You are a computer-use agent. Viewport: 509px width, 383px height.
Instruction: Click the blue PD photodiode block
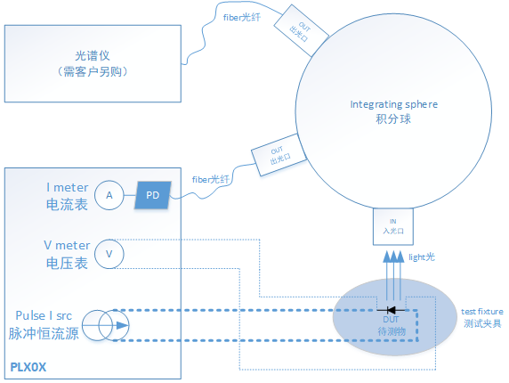[x=152, y=194]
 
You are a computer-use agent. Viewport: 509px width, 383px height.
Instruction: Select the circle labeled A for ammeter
[x=109, y=195]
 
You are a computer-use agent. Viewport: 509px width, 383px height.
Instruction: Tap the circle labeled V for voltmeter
[x=109, y=253]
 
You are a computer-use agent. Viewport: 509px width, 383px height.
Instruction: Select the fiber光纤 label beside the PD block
[x=210, y=180]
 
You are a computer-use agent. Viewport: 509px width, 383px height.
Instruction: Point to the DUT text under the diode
[x=391, y=319]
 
